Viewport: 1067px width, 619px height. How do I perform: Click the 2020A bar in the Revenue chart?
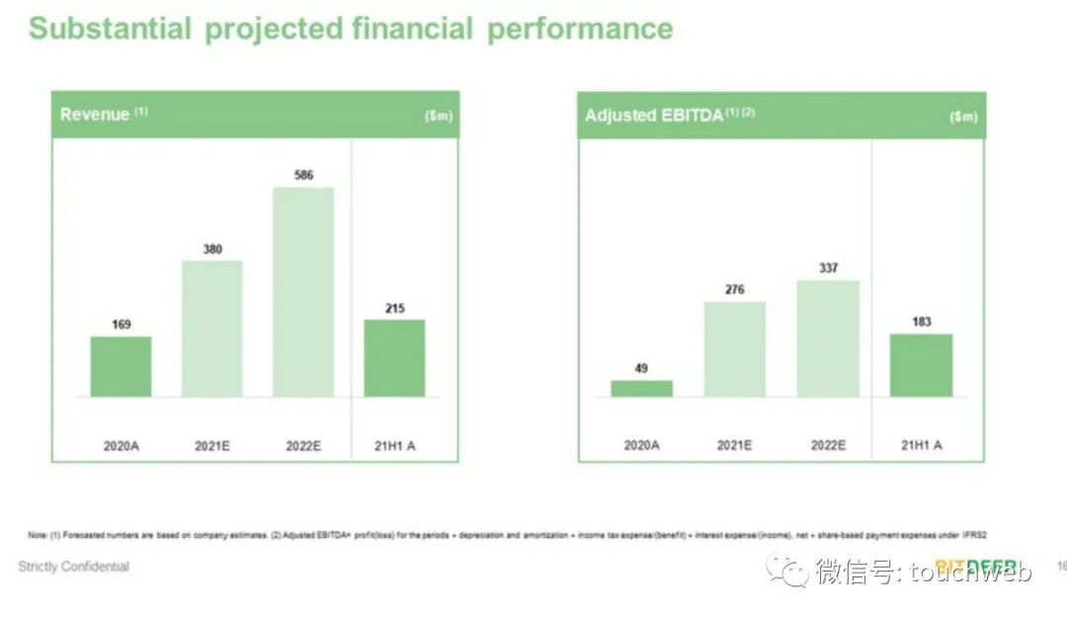[x=121, y=367]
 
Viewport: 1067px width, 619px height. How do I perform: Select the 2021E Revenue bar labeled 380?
[x=211, y=328]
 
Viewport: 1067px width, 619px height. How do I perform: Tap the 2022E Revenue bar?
[x=303, y=292]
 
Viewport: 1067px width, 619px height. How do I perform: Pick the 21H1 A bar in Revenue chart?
[x=394, y=358]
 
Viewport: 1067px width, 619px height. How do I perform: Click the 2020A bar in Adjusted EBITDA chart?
[x=641, y=389]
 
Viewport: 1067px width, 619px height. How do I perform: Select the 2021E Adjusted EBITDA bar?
[x=734, y=349]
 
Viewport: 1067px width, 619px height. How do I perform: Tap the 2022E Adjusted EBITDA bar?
[x=828, y=338]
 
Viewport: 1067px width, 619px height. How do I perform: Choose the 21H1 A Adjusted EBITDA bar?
[x=921, y=365]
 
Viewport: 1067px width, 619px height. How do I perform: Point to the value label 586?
[x=303, y=175]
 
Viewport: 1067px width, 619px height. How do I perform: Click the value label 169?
[x=121, y=324]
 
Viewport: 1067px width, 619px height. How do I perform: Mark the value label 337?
[x=828, y=268]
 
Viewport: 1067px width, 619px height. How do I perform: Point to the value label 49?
[x=641, y=369]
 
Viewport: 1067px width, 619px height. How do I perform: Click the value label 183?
[x=921, y=321]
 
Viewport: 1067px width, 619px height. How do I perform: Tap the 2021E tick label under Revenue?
[x=211, y=446]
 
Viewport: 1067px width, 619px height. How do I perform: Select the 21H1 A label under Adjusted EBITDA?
[x=921, y=446]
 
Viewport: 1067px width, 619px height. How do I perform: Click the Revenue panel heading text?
[x=95, y=115]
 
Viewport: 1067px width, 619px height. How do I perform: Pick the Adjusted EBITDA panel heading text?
[x=655, y=116]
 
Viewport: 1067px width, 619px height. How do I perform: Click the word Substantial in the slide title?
[x=110, y=29]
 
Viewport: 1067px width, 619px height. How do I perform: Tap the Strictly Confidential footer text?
[x=73, y=567]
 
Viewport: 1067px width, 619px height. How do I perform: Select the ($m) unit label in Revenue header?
[x=438, y=117]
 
